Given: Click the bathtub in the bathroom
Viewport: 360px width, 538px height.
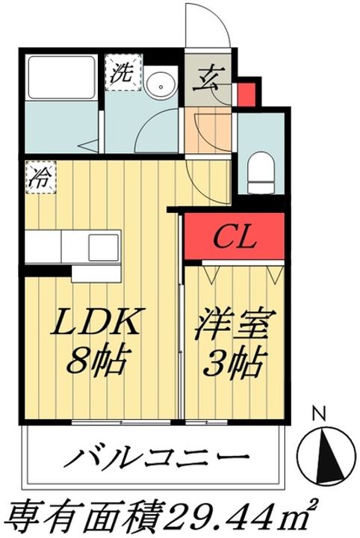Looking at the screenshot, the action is tap(61, 78).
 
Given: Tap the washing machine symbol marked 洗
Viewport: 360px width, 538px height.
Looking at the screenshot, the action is tap(123, 72).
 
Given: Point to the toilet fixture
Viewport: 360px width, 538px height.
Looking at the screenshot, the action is tap(261, 173).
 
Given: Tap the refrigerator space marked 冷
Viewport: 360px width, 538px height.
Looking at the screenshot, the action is tap(40, 177).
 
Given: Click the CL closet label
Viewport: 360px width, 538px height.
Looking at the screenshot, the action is tap(235, 236).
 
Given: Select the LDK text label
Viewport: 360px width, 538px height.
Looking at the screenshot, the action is tap(96, 321).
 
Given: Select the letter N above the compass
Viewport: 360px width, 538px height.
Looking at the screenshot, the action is tap(320, 415).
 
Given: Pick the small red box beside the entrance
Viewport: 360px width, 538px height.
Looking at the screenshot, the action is tap(247, 94).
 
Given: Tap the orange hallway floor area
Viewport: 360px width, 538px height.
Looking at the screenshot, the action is tap(207, 130).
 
